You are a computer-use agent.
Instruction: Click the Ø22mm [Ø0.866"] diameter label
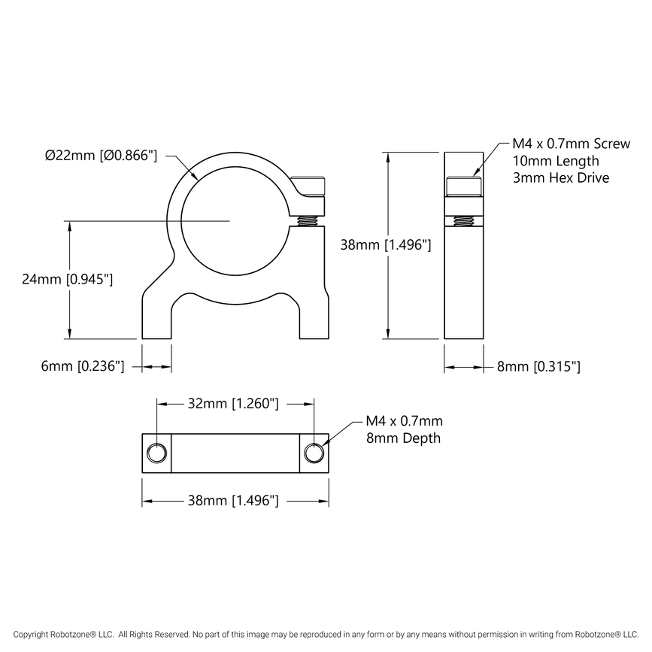tap(101, 156)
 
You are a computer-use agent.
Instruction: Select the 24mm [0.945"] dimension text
tap(67, 279)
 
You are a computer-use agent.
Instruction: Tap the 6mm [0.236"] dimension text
tap(82, 366)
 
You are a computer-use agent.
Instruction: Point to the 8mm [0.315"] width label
tap(538, 367)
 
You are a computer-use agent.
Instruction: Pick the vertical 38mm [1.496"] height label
tap(385, 244)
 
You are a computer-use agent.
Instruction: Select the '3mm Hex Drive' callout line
tap(560, 178)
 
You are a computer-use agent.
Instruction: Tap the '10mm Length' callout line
tap(556, 161)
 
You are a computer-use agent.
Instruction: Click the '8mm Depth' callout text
tap(402, 438)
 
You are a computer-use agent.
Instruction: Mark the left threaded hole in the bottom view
tap(156, 453)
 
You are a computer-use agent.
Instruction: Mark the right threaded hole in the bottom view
tap(314, 453)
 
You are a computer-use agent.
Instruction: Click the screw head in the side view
tap(462, 186)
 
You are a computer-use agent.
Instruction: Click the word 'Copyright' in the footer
tap(38, 635)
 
